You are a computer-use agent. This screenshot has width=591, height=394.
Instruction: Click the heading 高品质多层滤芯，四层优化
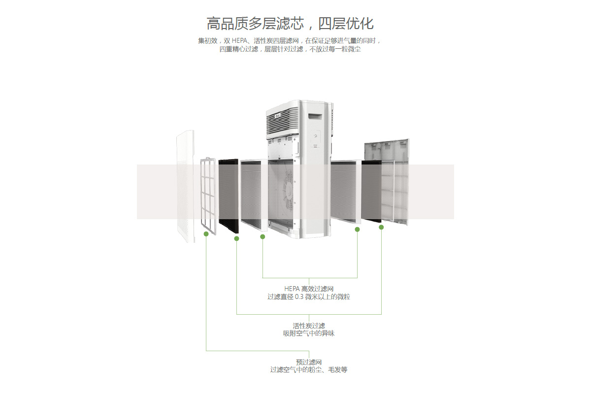[x=290, y=23]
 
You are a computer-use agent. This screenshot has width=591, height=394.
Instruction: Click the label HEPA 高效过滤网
[x=309, y=289]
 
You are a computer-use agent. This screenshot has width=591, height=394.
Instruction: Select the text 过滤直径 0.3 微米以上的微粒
[x=309, y=297]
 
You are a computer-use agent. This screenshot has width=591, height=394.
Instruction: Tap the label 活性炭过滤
[x=309, y=326]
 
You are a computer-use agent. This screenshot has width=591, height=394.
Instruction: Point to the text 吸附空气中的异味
[x=309, y=333]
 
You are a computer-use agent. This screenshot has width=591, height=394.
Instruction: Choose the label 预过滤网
[x=309, y=362]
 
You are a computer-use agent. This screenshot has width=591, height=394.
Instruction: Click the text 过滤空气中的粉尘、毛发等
[x=309, y=370]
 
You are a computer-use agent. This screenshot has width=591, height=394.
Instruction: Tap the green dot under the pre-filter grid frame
[x=206, y=233]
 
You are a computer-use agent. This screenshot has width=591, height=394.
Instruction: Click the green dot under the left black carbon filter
[x=236, y=238]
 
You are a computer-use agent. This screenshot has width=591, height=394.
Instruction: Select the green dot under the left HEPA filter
[x=263, y=236]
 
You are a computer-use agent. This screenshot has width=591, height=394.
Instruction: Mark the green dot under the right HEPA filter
[x=358, y=230]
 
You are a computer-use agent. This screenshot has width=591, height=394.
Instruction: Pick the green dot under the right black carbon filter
[x=381, y=227]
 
